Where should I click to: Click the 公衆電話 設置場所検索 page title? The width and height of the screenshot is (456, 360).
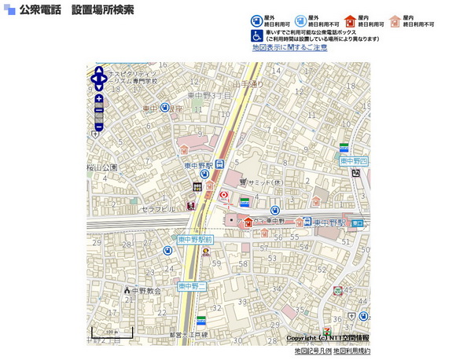tap(76, 10)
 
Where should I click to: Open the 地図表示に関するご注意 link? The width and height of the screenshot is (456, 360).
tap(289, 48)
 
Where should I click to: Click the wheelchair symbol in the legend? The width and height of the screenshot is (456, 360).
tap(257, 36)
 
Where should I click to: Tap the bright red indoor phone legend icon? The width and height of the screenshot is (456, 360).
tap(351, 21)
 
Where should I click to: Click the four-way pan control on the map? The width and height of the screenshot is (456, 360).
tap(99, 79)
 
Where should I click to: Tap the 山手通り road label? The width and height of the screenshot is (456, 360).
tap(247, 83)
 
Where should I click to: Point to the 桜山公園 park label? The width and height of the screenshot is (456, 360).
tap(101, 167)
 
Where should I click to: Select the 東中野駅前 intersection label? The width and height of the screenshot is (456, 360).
tap(195, 238)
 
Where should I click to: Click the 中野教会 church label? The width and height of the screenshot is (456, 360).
tap(145, 290)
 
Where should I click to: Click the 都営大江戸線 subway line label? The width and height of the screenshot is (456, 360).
tap(188, 335)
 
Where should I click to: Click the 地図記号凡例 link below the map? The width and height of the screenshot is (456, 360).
tap(313, 351)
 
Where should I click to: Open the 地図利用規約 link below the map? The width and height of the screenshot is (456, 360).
tap(351, 351)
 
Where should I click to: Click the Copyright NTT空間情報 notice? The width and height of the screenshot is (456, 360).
tap(328, 338)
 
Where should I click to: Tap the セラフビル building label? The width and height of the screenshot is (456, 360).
tap(159, 210)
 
